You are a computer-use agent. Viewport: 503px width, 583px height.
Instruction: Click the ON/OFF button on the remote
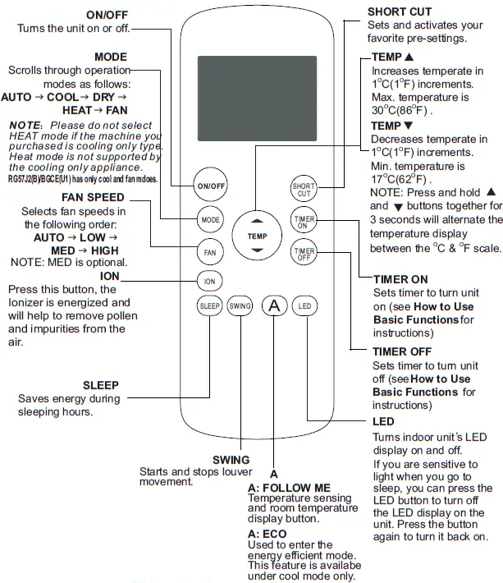(x=210, y=186)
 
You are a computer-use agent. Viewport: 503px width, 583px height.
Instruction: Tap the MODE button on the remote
(x=209, y=220)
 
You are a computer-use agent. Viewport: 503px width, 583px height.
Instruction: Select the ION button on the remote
(x=209, y=281)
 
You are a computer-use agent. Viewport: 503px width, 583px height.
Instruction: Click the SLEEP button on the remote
(x=209, y=306)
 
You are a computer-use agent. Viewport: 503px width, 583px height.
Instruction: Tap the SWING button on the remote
(x=240, y=306)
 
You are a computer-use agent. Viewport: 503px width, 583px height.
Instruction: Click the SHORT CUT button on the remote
(x=304, y=189)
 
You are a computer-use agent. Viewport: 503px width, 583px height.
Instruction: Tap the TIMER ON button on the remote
(x=304, y=221)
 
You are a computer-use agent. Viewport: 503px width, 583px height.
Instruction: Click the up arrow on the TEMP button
(x=257, y=222)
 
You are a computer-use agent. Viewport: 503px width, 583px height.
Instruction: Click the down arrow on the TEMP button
(x=257, y=249)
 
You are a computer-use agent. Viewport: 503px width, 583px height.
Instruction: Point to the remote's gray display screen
(x=257, y=99)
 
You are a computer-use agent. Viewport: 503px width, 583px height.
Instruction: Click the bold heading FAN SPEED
(x=93, y=198)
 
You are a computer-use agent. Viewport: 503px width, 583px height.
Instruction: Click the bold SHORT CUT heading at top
(x=400, y=12)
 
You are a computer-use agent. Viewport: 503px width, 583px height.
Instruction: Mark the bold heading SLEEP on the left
(x=101, y=385)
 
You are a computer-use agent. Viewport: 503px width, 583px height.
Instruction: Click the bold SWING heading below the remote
(x=231, y=460)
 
